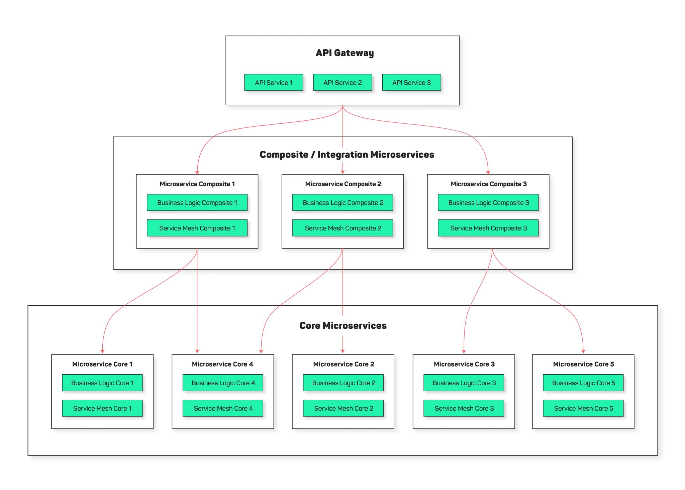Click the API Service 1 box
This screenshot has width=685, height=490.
coord(274,82)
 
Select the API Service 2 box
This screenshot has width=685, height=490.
coord(342,82)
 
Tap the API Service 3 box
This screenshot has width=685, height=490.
coord(411,82)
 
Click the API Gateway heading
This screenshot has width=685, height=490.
coord(345,53)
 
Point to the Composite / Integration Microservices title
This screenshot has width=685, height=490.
coord(347,155)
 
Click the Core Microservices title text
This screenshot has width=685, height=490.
coord(343,325)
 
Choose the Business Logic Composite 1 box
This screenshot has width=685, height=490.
coord(197,202)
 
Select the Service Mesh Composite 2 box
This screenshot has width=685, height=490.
coord(342,228)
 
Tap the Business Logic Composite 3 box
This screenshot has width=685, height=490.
coord(488,202)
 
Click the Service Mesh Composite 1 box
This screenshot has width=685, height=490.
coord(197,228)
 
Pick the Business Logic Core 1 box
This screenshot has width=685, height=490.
coord(102,383)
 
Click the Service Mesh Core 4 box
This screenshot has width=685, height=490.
coord(223,408)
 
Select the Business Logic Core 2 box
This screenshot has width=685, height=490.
coord(343,383)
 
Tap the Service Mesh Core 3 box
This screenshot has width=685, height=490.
coord(464,408)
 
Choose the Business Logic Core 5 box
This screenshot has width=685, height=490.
coord(583,383)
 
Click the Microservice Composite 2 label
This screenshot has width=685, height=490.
coord(343,184)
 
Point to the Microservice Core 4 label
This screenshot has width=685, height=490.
coord(222,364)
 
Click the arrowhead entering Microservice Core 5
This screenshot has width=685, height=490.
coord(583,352)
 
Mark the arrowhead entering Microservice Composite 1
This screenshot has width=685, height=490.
coord(197,172)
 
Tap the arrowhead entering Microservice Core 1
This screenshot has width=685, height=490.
coord(102,352)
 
